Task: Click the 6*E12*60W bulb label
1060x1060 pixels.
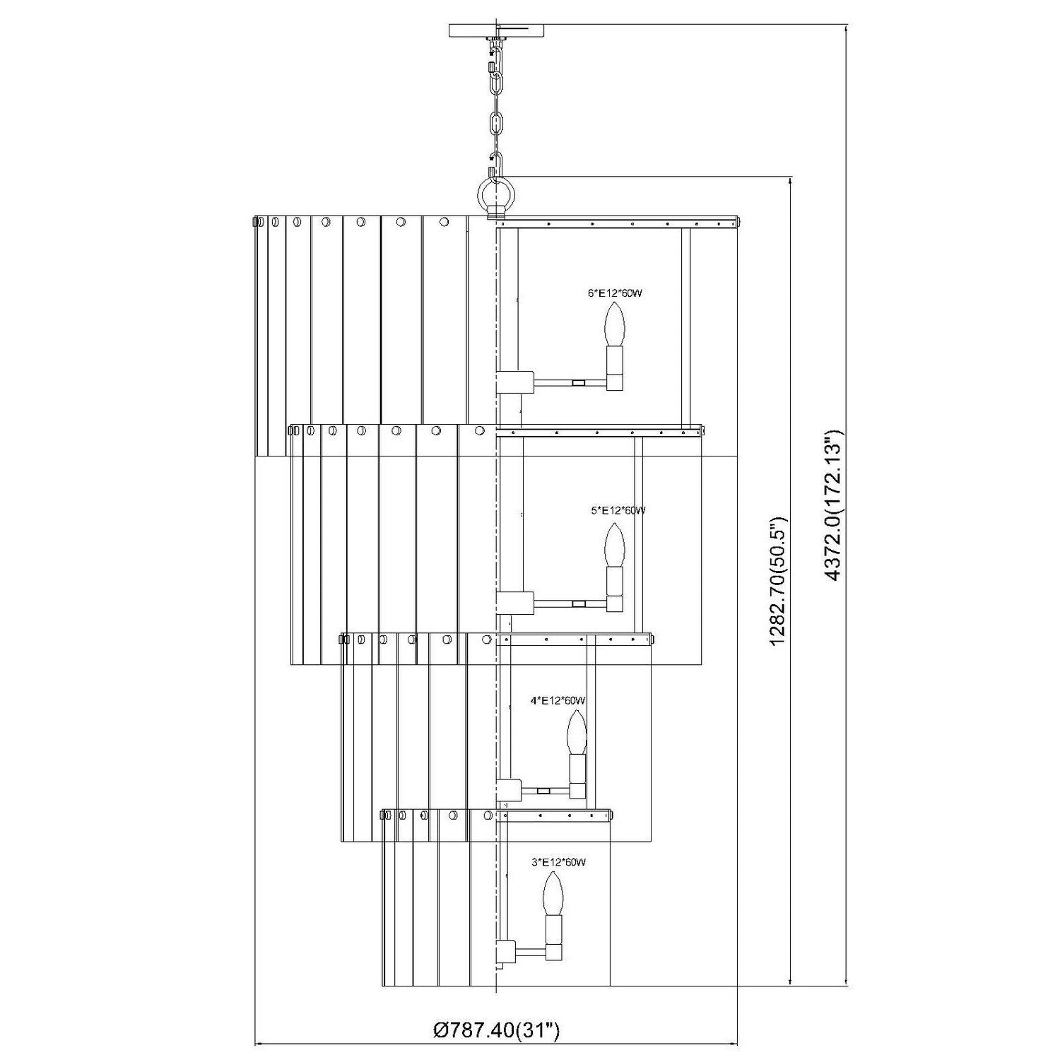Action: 615,293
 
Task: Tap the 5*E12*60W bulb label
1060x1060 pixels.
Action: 618,510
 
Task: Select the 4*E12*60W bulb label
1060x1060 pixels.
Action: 558,700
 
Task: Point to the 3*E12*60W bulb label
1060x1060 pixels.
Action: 558,862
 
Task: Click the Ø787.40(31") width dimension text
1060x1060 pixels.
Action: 497,1031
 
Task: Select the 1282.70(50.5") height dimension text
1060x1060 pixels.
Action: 778,579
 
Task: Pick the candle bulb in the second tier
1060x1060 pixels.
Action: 615,544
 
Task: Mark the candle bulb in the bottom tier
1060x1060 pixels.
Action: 552,894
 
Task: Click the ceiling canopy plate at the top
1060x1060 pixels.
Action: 497,30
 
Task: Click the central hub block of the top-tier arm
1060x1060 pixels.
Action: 515,382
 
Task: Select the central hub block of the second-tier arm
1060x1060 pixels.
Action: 515,603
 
